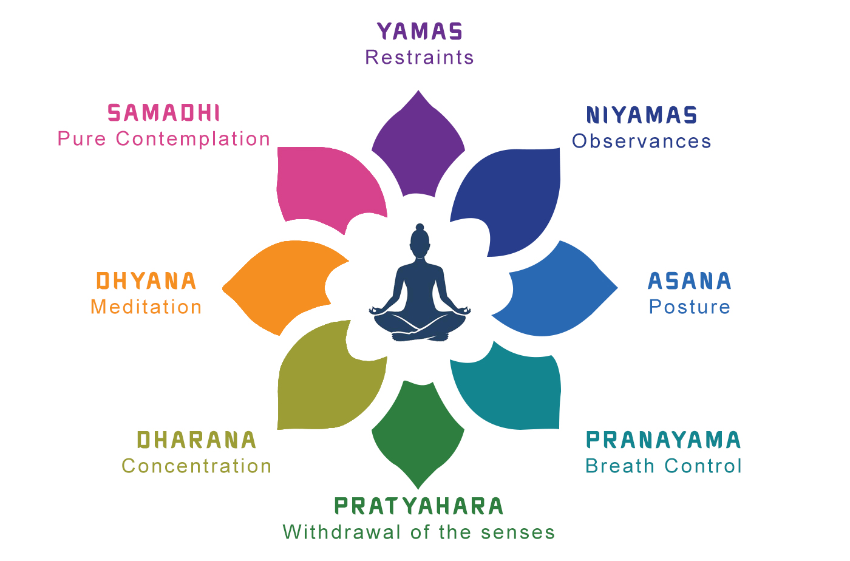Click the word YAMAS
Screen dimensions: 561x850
420,32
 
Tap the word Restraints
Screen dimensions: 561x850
420,58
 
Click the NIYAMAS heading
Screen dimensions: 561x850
642,115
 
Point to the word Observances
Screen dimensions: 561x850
642,141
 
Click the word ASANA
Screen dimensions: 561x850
690,281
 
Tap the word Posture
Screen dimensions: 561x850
690,307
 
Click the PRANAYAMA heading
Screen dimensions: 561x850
664,440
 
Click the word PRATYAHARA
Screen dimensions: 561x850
419,506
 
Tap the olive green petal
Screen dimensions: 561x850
328,382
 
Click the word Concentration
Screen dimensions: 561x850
197,466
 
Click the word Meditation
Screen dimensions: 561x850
146,307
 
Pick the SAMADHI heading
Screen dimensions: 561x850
164,113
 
